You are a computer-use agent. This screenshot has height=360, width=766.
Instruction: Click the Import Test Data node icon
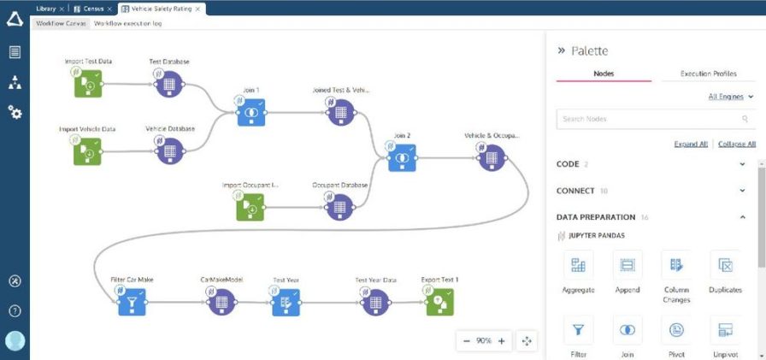tap(87, 84)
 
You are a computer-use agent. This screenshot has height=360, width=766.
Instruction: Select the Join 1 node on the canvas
tap(251, 112)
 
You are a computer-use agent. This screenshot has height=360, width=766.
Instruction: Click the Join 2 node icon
tap(402, 157)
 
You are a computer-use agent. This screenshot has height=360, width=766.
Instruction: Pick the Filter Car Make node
tap(132, 301)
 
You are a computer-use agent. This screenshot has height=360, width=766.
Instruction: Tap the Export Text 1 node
tap(439, 301)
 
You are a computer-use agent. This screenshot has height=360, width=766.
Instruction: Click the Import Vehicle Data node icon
tap(87, 151)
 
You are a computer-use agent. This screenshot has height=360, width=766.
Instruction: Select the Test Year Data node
tap(375, 301)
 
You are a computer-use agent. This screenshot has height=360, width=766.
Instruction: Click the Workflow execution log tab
tap(127, 23)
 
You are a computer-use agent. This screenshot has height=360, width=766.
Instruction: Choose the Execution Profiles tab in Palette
tap(708, 74)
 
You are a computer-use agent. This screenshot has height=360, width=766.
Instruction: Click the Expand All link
tap(691, 144)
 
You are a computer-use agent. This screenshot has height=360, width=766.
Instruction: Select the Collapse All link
tap(736, 144)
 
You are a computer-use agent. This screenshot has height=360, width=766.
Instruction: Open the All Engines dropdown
tap(731, 97)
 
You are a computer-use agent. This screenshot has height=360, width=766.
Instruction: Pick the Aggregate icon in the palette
tap(579, 266)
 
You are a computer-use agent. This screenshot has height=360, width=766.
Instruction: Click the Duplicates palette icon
tap(725, 266)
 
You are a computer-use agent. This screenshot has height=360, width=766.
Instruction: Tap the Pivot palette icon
tap(676, 329)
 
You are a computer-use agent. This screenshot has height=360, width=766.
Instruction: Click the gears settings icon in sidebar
tap(15, 111)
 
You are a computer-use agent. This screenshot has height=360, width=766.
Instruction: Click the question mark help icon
tap(15, 310)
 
